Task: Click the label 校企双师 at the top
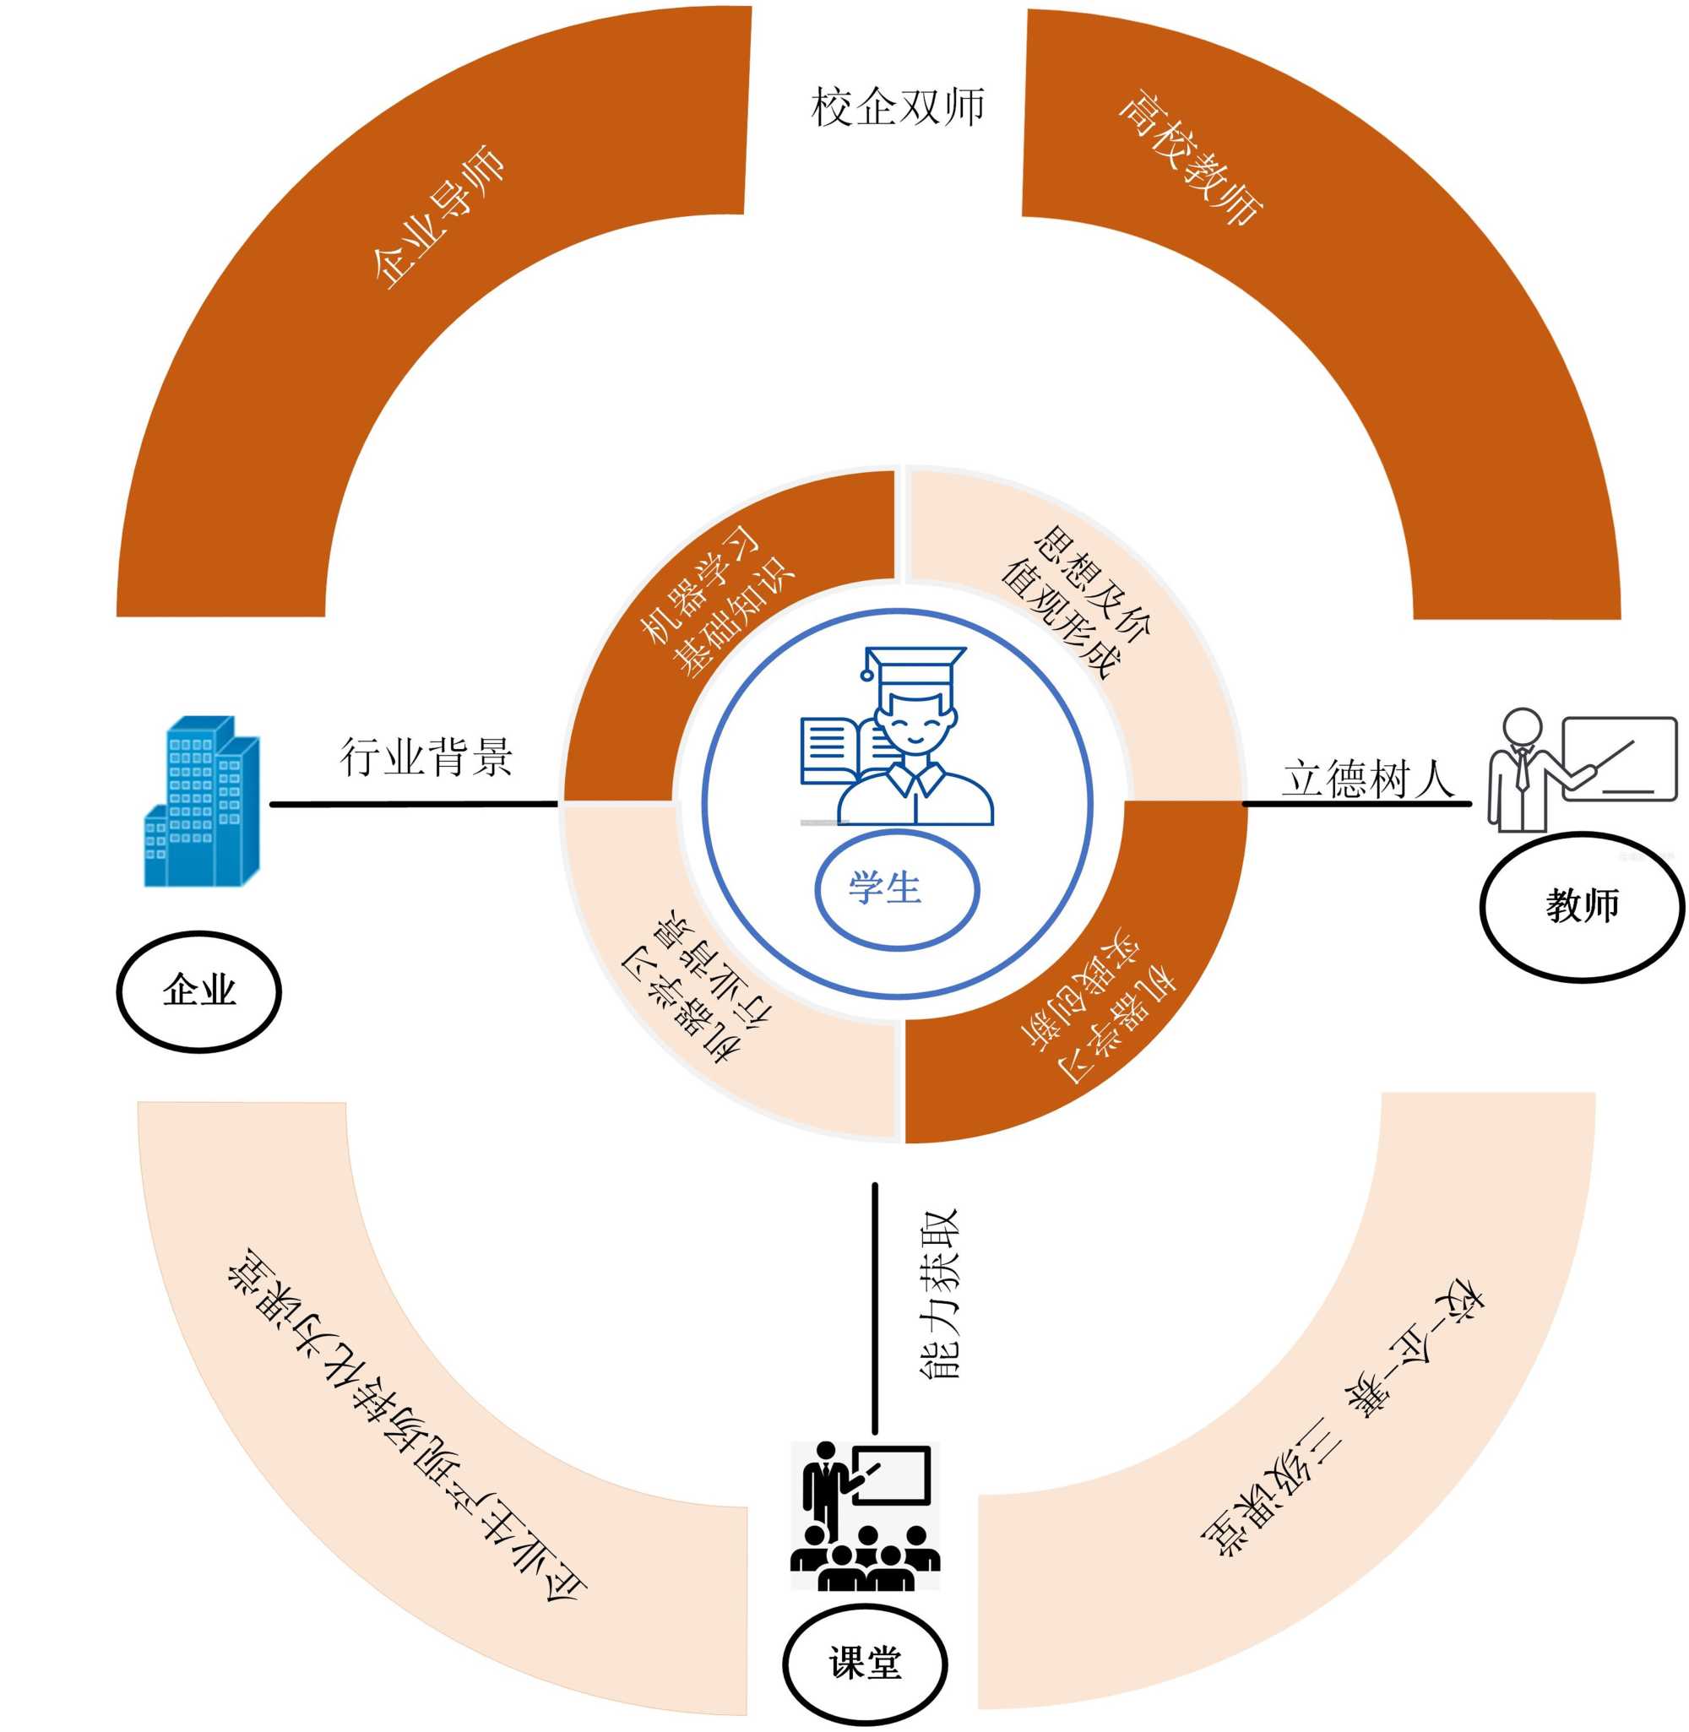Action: coord(897,107)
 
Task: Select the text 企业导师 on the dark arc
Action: coord(437,217)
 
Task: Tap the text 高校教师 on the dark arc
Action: coord(1192,158)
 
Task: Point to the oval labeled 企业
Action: coord(198,991)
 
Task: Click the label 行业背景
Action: coord(426,757)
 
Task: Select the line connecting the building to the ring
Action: coord(413,805)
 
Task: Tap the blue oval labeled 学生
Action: coord(896,888)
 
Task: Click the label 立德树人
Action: coord(1367,779)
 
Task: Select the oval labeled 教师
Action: coord(1581,905)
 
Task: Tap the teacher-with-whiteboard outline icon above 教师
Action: coord(1581,768)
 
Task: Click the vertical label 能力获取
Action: coord(937,1294)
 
